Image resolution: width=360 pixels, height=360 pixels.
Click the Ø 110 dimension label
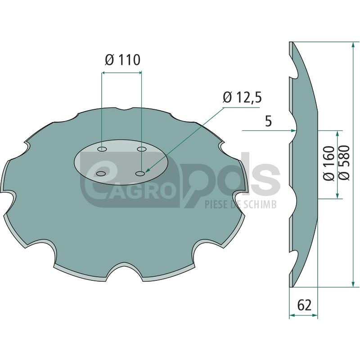coord(122,60)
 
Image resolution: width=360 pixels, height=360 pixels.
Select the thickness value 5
coord(268,121)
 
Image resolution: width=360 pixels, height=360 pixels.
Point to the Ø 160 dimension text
coord(329,163)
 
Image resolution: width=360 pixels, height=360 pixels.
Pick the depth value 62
coord(304,305)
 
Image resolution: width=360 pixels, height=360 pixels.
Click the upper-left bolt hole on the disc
coord(102,149)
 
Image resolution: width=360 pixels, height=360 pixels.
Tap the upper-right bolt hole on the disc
coord(142,149)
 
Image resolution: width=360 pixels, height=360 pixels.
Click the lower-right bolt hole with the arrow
coord(140,174)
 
